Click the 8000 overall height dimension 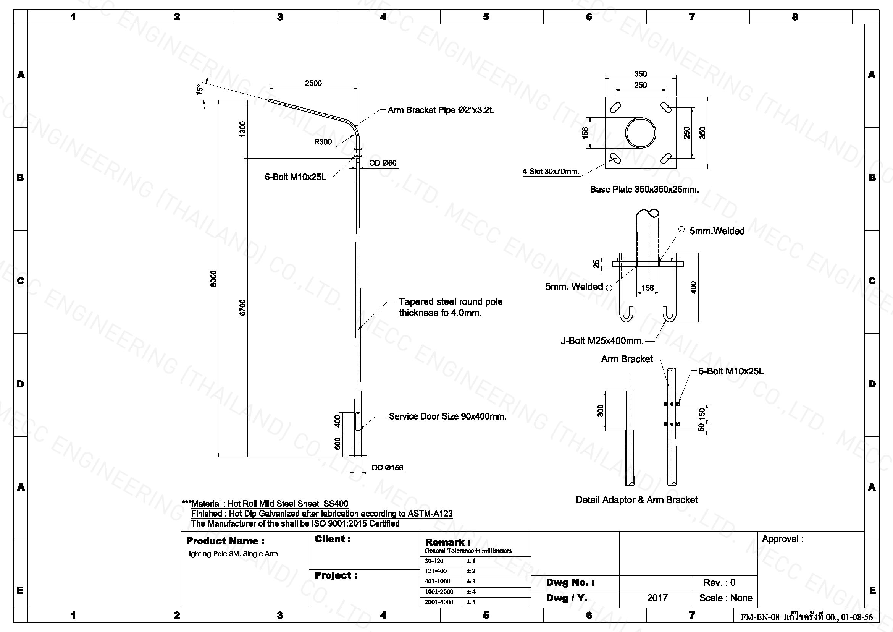[x=213, y=278]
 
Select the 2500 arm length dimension [x=313, y=83]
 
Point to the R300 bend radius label [x=323, y=142]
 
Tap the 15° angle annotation [x=200, y=89]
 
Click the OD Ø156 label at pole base [x=387, y=468]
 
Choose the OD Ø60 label [x=383, y=163]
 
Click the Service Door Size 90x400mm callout [x=448, y=416]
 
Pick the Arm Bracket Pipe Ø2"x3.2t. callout [x=441, y=110]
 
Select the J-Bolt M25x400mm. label [x=602, y=341]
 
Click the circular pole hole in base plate [x=641, y=133]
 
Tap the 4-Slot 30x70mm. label [x=551, y=172]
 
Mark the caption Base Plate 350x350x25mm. [x=644, y=190]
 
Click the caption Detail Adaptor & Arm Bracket [x=637, y=500]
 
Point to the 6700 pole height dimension [x=243, y=308]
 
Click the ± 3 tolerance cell [x=471, y=582]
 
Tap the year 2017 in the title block [x=657, y=598]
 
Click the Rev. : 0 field [x=719, y=583]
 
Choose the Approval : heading [x=782, y=539]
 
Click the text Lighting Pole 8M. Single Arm [x=231, y=554]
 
